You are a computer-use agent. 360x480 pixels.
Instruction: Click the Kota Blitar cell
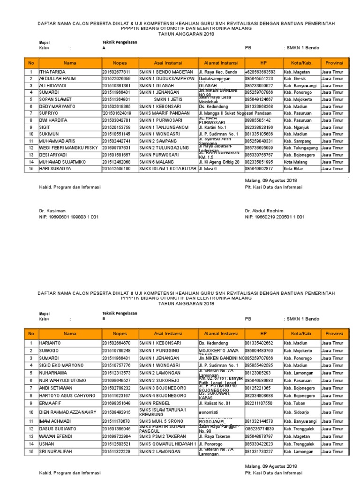point(296,168)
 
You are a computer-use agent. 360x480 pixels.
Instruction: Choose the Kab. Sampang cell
point(299,141)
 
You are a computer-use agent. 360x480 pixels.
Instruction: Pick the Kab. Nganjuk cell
point(299,127)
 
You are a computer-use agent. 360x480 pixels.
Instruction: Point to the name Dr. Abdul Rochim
point(264,211)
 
